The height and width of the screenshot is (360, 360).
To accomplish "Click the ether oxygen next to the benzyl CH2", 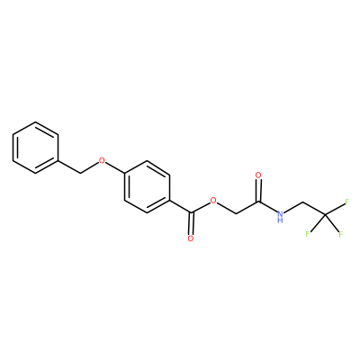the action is [102, 160].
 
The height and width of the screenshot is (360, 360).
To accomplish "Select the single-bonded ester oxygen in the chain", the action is [213, 201].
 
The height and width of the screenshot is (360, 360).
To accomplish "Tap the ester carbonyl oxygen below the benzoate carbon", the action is [190, 238].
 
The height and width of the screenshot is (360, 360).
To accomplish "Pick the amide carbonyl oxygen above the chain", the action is [257, 175].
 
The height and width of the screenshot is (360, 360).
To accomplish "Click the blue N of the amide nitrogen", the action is [280, 213].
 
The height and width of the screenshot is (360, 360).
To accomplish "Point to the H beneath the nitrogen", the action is [280, 220].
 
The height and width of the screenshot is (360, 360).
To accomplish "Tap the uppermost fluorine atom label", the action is [346, 202].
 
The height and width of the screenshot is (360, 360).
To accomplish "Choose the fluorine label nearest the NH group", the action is [308, 233].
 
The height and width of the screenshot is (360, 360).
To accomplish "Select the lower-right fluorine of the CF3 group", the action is [340, 234].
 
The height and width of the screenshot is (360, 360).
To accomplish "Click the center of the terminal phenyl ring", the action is [35, 148].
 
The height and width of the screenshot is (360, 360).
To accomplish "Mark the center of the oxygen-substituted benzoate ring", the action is [147, 187].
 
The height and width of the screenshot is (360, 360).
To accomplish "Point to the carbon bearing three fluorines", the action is [325, 215].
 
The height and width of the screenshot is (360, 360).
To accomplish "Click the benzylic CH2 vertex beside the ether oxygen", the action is [80, 173].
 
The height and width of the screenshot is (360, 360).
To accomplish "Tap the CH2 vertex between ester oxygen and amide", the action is [236, 213].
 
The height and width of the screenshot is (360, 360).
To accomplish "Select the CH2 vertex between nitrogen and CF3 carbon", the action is [302, 202].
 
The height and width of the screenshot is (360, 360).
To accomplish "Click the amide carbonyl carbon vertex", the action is [258, 201].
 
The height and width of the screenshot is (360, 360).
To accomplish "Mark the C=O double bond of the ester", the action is [191, 224].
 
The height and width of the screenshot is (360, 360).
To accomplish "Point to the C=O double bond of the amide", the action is [258, 190].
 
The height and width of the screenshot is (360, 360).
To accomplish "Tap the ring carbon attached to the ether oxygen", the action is [124, 174].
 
